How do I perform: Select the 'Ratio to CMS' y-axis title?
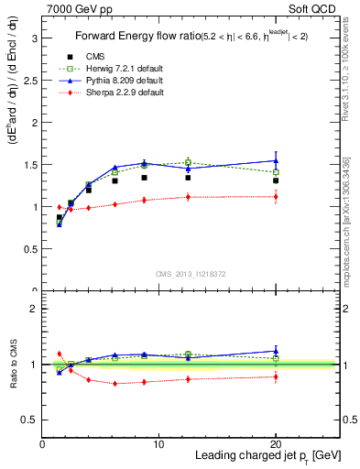(13, 365)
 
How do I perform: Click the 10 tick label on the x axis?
(158, 444)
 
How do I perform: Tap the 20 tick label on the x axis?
(276, 444)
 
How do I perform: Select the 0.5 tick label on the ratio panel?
(30, 420)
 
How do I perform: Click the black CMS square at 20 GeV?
(276, 180)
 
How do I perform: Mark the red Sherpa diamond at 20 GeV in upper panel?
(276, 197)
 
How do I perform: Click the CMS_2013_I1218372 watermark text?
(191, 274)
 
